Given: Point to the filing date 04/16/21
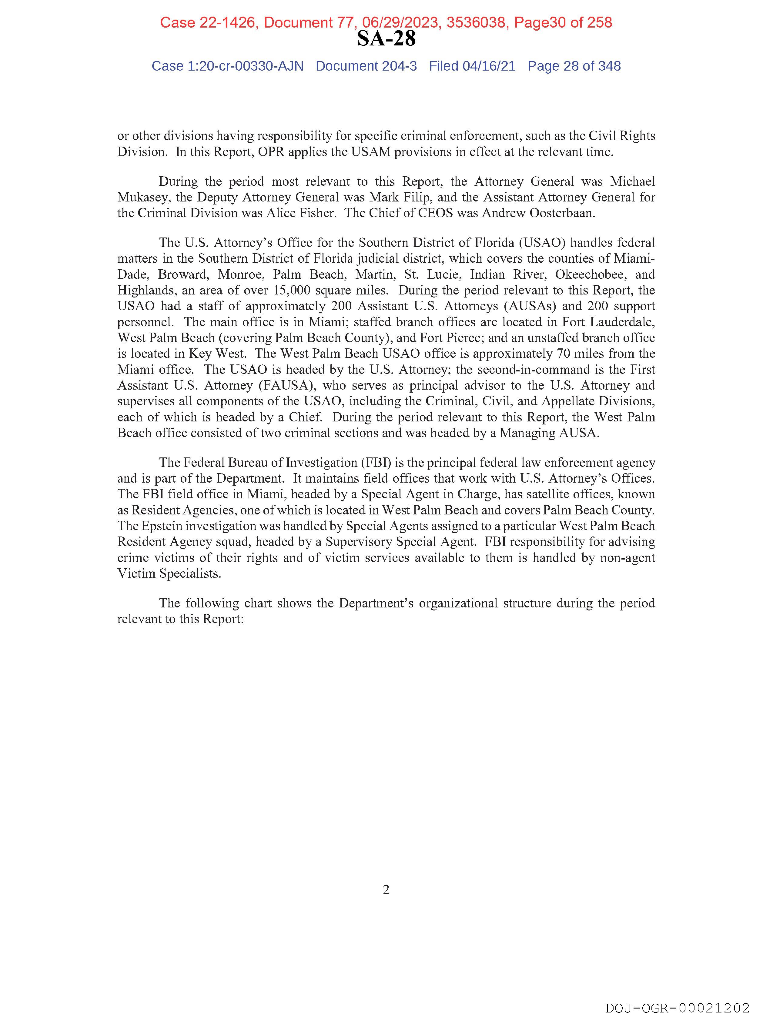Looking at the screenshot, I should point(489,66).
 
